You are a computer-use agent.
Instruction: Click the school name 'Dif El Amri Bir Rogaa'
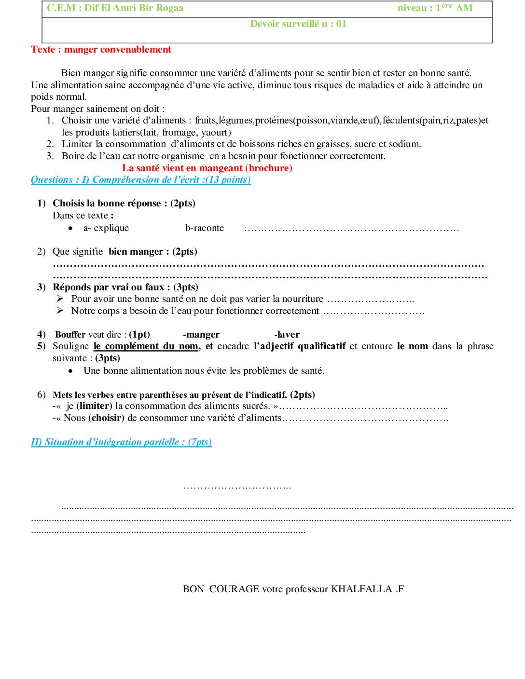tap(134, 8)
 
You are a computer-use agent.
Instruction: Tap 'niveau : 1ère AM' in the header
tap(435, 8)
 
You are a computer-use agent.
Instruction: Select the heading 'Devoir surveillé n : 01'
tap(298, 24)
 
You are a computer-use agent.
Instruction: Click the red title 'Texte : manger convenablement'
tap(101, 50)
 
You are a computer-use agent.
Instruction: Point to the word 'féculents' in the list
tap(401, 121)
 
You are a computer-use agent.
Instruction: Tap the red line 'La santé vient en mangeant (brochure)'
tap(207, 168)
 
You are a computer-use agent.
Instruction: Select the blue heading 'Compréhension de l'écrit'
tap(146, 180)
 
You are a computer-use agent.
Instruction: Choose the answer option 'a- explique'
tap(106, 228)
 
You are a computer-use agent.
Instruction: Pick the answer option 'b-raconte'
tap(205, 228)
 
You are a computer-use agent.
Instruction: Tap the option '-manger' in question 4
tap(201, 335)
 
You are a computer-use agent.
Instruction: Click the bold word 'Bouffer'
tap(70, 335)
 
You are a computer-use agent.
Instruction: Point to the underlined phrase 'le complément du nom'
tap(146, 346)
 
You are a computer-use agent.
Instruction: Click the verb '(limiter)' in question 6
tap(94, 406)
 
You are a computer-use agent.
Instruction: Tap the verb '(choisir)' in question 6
tap(106, 418)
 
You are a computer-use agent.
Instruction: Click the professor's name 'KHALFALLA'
tap(361, 589)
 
